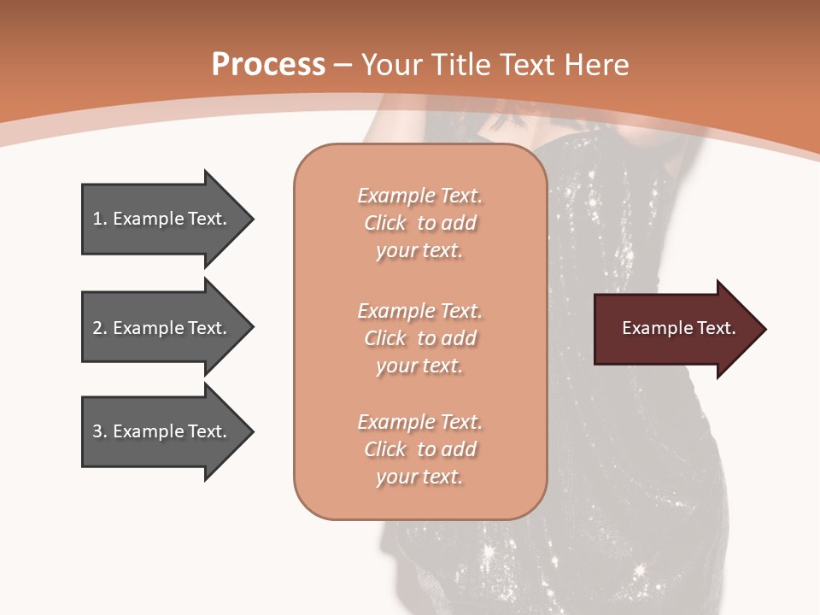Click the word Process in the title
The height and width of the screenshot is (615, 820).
click(x=268, y=65)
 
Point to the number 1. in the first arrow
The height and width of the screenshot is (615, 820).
click(x=99, y=219)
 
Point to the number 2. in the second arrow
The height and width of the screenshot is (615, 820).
click(x=99, y=328)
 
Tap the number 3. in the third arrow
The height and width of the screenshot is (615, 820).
click(x=99, y=431)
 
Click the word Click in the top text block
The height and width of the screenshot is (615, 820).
click(x=385, y=223)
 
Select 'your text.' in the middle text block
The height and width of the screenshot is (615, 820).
click(x=419, y=366)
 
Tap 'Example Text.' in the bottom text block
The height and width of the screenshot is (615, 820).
click(x=419, y=422)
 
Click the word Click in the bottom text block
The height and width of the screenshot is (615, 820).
click(x=385, y=449)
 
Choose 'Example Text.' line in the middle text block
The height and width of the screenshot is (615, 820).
click(x=419, y=311)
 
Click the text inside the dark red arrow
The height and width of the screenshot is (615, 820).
click(x=678, y=328)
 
